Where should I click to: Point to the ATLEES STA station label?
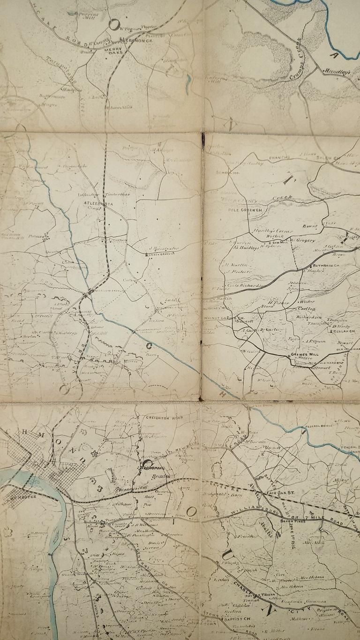pos(95,203)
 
